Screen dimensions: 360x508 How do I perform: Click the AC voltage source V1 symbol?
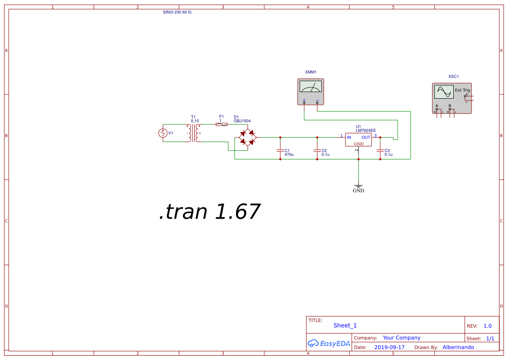point(163,133)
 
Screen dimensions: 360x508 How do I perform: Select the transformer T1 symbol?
point(194,133)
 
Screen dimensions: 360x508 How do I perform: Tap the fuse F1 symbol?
point(222,124)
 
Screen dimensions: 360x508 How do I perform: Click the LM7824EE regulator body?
point(359,140)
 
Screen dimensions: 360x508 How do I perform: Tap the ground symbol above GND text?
point(359,185)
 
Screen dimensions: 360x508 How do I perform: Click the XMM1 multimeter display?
point(311,87)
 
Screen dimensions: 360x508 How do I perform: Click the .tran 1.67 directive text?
point(209,212)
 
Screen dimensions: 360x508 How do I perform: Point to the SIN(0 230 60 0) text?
point(177,12)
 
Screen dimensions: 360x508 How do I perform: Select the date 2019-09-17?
point(389,347)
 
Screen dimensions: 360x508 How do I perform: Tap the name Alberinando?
point(458,347)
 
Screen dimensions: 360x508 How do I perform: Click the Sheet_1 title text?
point(345,325)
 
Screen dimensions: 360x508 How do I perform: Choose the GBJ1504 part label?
point(242,121)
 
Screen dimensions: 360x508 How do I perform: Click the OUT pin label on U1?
point(366,137)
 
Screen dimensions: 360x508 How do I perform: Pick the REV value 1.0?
point(488,326)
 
